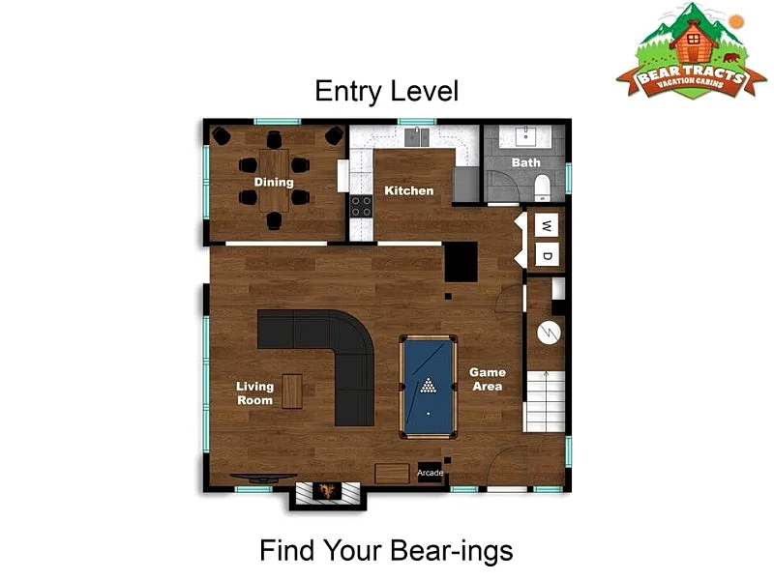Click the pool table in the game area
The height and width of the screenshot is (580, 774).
428,388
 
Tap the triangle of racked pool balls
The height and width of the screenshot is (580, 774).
428,386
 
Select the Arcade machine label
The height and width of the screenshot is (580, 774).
430,473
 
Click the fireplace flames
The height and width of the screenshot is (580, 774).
327,490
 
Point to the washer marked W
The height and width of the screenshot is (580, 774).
547,226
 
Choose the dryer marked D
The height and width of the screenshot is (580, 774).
547,255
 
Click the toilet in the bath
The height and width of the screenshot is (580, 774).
542,188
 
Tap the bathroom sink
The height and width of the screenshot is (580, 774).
525,135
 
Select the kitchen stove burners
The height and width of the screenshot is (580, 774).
361,206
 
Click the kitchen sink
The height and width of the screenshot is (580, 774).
417,136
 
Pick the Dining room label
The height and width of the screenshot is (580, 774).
274,182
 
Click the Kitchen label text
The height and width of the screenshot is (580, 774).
409,190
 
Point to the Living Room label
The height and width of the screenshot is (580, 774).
254,393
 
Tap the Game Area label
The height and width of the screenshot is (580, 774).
488,379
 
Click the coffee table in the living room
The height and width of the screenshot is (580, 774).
292,391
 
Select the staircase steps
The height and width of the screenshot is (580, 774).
545,401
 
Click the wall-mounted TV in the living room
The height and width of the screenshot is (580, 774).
263,478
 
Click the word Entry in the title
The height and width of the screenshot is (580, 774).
348,92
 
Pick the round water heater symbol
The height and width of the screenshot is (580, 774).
549,333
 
